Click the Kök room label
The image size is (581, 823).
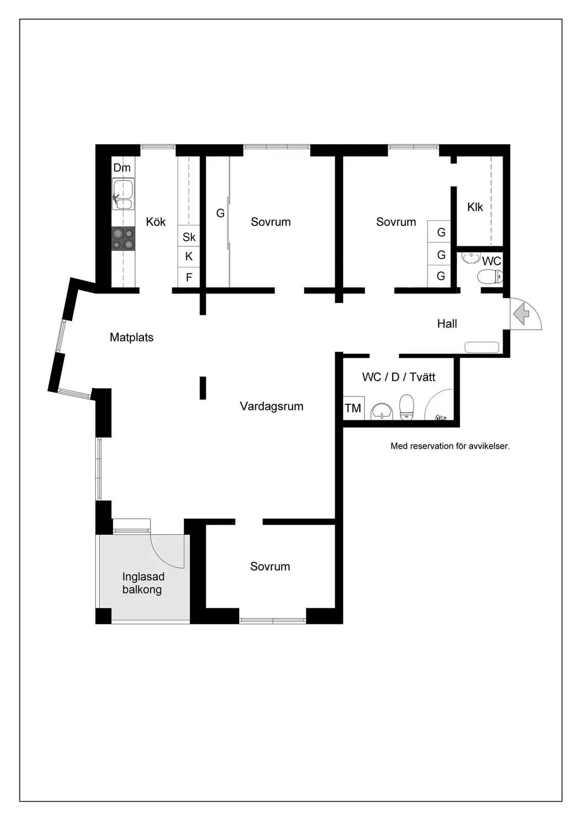tap(156, 222)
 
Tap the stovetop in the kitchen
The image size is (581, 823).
tap(123, 239)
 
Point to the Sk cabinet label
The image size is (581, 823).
tap(189, 237)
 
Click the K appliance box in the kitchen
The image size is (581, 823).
tap(189, 257)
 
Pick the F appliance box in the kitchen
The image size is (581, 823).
tap(189, 277)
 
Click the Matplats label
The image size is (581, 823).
tap(132, 337)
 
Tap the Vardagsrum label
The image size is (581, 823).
tap(272, 406)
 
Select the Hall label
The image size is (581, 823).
tap(447, 324)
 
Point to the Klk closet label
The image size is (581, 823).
tap(475, 207)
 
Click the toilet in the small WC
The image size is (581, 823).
tap(491, 276)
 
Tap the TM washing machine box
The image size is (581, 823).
tap(353, 408)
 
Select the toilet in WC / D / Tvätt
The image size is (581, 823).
tap(407, 407)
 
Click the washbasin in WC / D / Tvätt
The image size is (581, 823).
tap(382, 411)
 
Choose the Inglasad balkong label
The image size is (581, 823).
tap(143, 583)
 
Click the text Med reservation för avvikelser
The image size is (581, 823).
tap(450, 446)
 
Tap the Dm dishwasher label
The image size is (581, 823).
tap(122, 168)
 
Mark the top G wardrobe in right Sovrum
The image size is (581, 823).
tap(439, 231)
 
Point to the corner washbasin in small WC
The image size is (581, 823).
tap(471, 258)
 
